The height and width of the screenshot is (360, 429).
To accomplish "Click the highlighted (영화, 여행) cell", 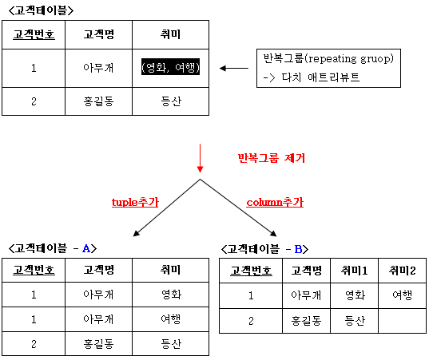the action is click(x=170, y=67).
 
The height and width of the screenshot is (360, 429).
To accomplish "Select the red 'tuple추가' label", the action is click(x=135, y=202).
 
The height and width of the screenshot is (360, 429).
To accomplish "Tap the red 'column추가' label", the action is click(x=275, y=202).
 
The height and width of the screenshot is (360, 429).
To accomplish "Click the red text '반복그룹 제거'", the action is click(x=271, y=158).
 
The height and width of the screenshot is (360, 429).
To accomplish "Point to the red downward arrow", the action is click(x=200, y=158).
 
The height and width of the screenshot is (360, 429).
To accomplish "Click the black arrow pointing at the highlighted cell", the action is click(x=234, y=68).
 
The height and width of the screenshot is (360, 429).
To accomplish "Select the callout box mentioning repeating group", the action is click(x=328, y=69).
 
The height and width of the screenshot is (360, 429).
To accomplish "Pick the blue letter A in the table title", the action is click(x=86, y=248).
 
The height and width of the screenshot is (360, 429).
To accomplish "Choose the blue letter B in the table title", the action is click(x=298, y=249).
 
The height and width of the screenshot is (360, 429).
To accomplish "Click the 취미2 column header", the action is click(x=402, y=271).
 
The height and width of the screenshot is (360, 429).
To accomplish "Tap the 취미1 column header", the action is click(x=355, y=271).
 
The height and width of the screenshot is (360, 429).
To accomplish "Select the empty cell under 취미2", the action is click(x=402, y=321).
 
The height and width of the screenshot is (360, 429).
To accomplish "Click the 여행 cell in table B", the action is click(x=402, y=296).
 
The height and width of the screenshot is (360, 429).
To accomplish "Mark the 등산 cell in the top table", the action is click(x=170, y=101).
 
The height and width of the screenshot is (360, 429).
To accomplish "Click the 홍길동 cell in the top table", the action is click(x=98, y=101).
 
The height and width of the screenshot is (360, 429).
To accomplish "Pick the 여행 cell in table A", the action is click(x=170, y=319).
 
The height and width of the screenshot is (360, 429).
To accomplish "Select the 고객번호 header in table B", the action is click(x=251, y=271).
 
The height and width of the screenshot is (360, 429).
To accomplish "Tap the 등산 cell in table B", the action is click(x=355, y=321).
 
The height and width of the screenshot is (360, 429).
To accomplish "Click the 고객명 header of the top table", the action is click(x=98, y=34).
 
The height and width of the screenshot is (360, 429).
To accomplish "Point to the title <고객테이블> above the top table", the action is click(x=41, y=10).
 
